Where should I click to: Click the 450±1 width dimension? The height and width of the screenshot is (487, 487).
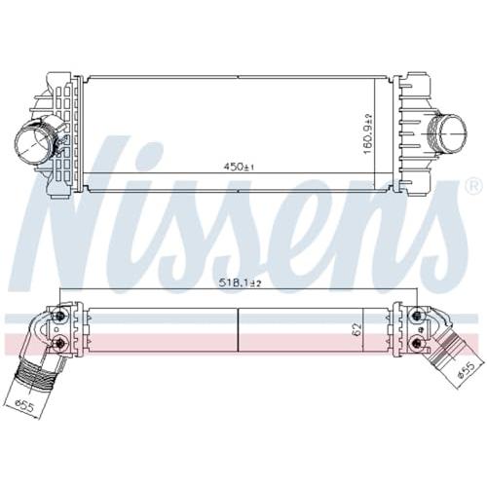point(239,167)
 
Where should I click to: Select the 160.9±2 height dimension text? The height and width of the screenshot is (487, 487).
point(368,133)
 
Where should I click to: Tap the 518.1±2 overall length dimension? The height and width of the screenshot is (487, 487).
point(240,283)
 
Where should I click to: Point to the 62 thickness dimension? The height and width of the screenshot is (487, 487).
point(356,330)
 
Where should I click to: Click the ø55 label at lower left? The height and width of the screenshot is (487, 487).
point(25,405)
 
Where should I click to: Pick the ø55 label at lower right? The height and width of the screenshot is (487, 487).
point(466,370)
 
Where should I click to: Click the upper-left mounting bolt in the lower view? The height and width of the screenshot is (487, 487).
point(60,315)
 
